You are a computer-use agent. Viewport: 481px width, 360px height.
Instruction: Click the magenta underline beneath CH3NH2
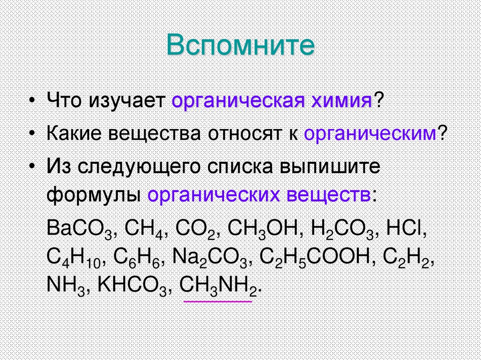[217, 301]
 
